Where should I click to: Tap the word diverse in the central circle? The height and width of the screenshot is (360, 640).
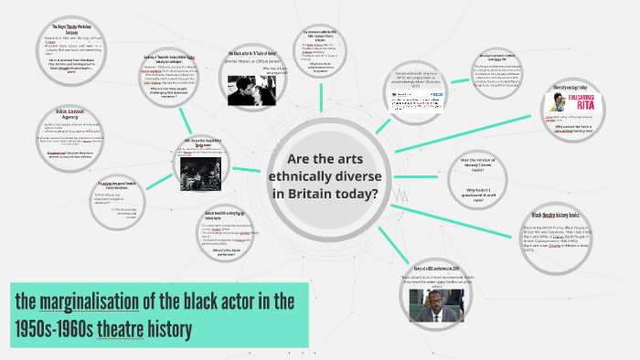[x=356, y=175]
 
